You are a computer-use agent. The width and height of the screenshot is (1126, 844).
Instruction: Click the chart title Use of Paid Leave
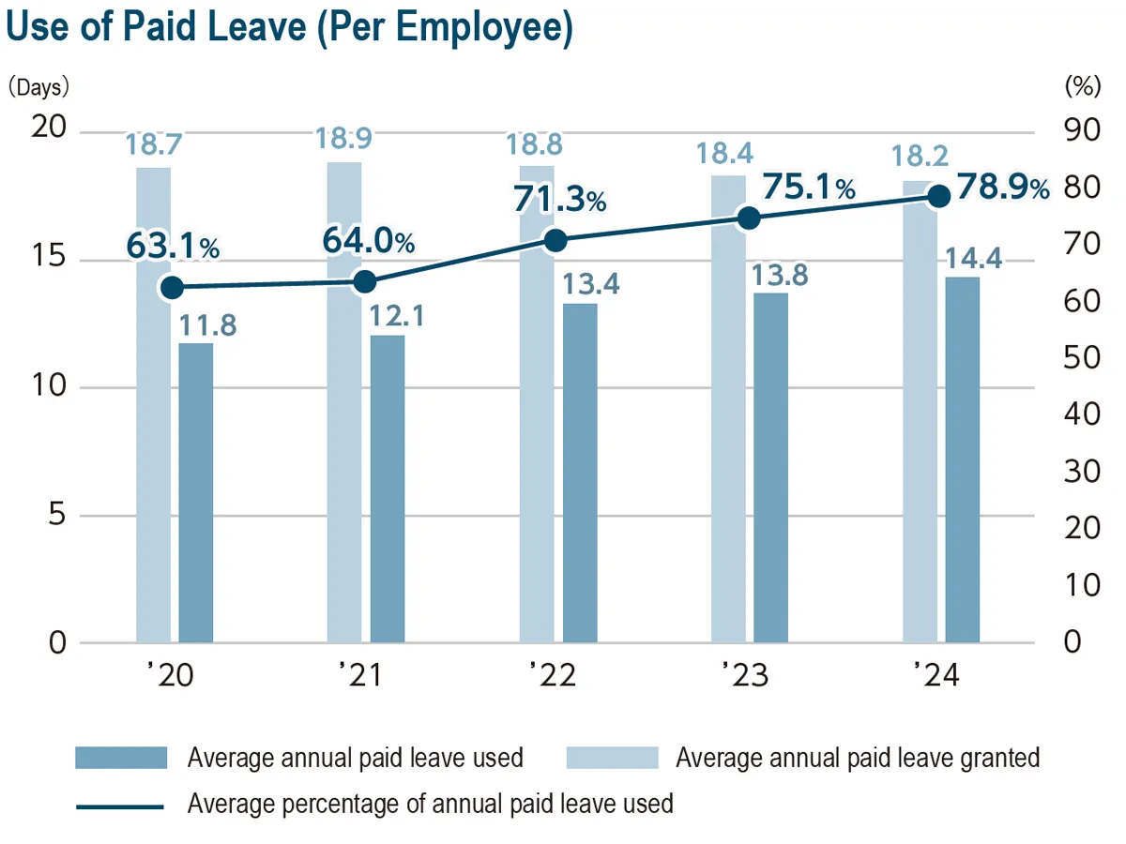289,29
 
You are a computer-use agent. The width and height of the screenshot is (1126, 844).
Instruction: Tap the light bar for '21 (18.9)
344,403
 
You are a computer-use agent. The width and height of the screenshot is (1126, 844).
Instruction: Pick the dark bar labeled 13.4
580,474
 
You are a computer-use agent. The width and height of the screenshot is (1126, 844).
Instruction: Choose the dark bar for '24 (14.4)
963,460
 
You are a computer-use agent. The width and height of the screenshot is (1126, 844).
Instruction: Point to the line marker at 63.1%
172,287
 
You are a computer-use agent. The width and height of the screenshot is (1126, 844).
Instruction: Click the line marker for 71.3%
556,240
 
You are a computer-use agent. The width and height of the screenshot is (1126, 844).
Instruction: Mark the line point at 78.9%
939,196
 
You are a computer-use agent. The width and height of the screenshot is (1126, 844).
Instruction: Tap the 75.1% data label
808,188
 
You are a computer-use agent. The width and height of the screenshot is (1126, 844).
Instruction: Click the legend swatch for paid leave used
121,757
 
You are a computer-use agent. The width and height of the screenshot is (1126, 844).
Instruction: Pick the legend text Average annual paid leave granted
858,757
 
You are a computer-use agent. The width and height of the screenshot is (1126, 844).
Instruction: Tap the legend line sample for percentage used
121,805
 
